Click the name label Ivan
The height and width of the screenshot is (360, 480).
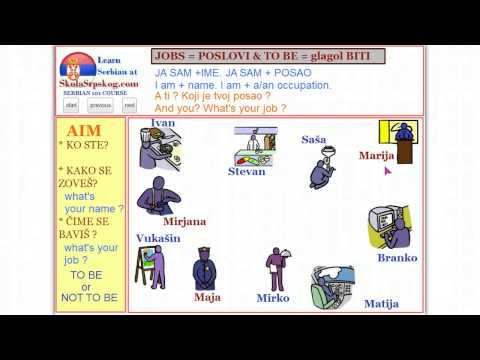(x=162, y=123)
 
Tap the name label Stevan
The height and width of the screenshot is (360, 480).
(x=246, y=171)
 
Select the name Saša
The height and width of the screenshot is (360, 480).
(x=313, y=140)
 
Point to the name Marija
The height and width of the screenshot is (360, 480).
(x=376, y=156)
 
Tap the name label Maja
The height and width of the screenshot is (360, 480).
(x=207, y=297)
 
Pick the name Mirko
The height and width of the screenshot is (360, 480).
(x=272, y=298)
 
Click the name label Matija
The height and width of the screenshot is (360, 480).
(x=381, y=303)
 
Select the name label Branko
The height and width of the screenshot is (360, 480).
(x=397, y=257)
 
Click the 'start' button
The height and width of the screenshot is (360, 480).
(x=72, y=104)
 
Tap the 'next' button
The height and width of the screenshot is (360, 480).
(x=129, y=104)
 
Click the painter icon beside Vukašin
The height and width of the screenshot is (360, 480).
(x=152, y=267)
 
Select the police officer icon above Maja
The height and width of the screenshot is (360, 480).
(x=205, y=269)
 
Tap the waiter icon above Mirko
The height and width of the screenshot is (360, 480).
(x=275, y=268)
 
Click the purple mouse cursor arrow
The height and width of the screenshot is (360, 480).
(x=387, y=171)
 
